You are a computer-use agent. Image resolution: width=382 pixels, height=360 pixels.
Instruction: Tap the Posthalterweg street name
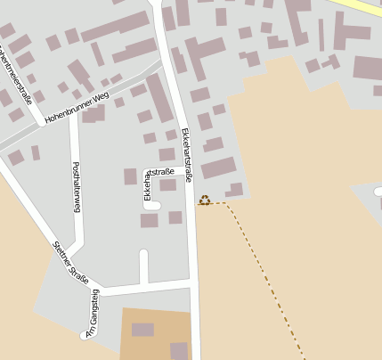(x=77, y=187)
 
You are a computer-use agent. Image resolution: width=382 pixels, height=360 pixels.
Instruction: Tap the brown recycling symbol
(x=205, y=200)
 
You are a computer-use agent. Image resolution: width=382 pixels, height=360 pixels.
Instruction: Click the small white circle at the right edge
(x=378, y=191)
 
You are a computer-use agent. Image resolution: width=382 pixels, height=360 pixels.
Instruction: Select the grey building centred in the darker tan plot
(x=142, y=330)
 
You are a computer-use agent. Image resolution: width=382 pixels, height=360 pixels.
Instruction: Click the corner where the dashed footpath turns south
(x=225, y=204)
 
